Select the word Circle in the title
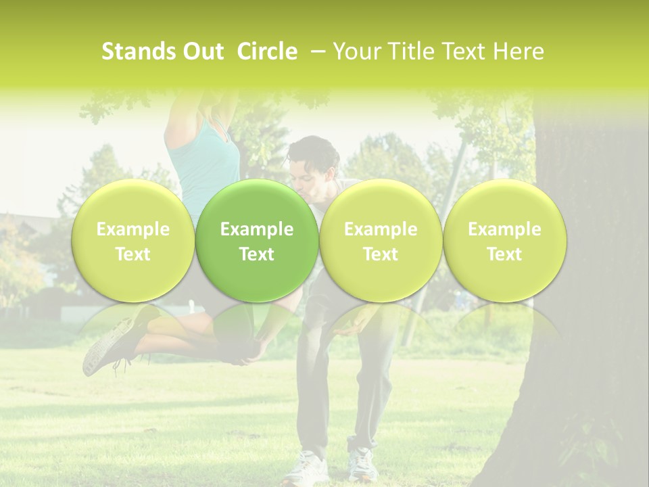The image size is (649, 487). [x=268, y=51]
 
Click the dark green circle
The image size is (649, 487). [x=257, y=241]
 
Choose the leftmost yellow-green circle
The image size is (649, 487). [x=133, y=241]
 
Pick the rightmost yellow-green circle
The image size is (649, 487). [x=504, y=241]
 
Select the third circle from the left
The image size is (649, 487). [x=381, y=241]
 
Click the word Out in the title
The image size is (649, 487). [x=201, y=51]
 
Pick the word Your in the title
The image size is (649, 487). [x=356, y=51]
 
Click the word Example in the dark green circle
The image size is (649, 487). [x=257, y=229]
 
